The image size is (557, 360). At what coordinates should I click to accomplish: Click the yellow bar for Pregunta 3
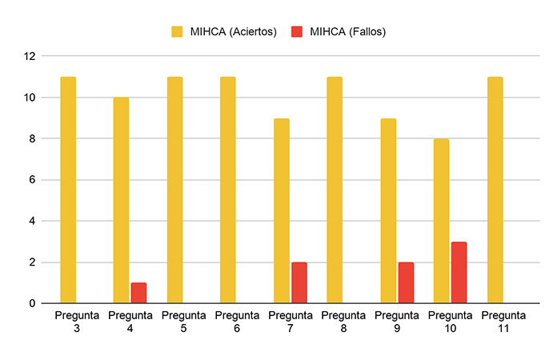tap(68, 190)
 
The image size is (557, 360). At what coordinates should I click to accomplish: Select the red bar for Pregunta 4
tap(139, 293)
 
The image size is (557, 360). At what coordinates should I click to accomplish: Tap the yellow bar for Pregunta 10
tap(441, 221)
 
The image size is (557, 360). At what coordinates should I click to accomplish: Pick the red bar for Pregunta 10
tap(459, 272)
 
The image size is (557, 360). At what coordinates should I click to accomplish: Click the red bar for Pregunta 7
tap(299, 282)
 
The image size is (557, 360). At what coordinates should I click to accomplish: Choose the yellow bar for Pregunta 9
tap(388, 211)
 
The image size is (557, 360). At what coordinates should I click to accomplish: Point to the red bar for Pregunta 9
tap(406, 282)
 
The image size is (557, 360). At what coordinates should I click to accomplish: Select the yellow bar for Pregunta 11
tap(495, 190)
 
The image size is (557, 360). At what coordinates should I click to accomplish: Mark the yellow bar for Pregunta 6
tap(228, 190)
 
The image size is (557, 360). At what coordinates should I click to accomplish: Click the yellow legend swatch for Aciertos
tap(177, 31)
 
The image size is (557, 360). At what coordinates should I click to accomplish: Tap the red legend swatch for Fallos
tap(297, 31)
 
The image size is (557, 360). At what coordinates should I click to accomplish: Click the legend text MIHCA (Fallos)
tap(348, 31)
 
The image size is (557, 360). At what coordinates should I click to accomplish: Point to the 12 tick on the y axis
tap(30, 56)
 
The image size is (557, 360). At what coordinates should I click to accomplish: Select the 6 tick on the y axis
tap(32, 180)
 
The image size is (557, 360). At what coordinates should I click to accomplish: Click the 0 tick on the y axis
tap(32, 303)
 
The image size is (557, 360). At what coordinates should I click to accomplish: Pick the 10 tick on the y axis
tap(30, 98)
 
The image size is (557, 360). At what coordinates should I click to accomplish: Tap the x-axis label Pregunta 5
tap(183, 322)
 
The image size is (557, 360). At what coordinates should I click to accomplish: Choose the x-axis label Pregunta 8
tap(343, 322)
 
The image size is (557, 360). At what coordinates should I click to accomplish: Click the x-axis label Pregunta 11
tap(503, 322)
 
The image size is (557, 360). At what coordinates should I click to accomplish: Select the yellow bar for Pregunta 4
tap(121, 200)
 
